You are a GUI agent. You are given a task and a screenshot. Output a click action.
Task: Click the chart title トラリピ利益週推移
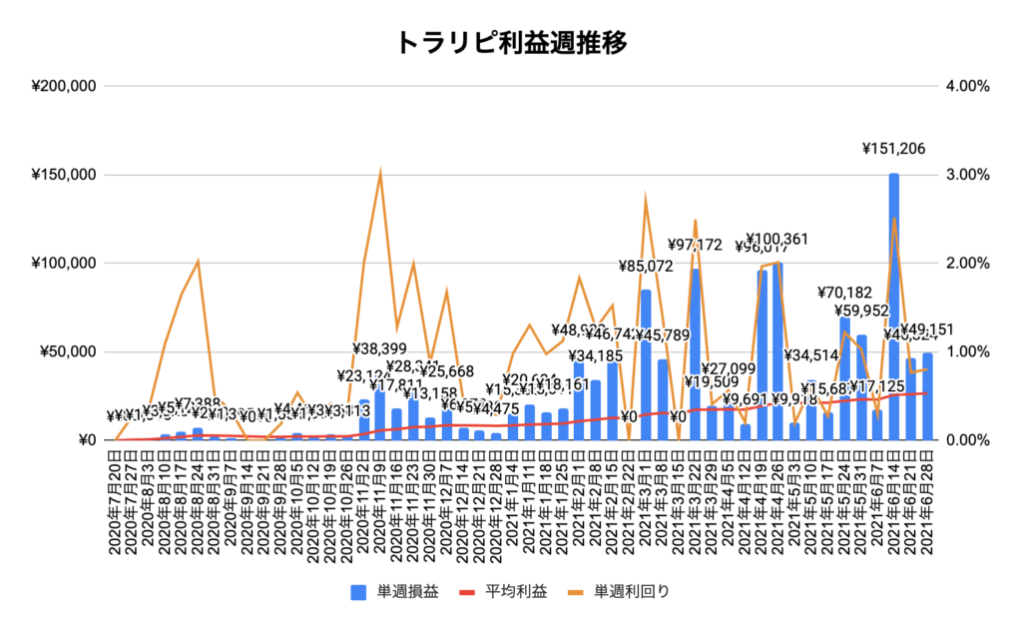pos(511,43)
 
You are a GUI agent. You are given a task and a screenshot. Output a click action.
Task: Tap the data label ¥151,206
pos(894,150)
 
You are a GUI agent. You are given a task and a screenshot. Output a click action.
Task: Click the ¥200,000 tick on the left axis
pos(63,87)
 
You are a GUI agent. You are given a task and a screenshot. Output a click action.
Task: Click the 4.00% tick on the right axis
pos(966,87)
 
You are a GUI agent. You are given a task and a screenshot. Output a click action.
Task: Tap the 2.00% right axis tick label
pos(966,264)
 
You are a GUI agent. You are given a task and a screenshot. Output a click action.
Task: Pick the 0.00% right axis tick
pos(966,440)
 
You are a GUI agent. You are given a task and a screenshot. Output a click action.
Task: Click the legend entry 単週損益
pos(399,591)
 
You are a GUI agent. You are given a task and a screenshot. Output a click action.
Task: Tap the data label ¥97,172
pos(696,245)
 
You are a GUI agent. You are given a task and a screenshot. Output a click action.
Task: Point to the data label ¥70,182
pos(844,293)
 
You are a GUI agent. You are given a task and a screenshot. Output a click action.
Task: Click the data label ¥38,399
pos(382,349)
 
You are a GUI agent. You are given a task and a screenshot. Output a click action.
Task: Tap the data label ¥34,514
pos(812,355)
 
